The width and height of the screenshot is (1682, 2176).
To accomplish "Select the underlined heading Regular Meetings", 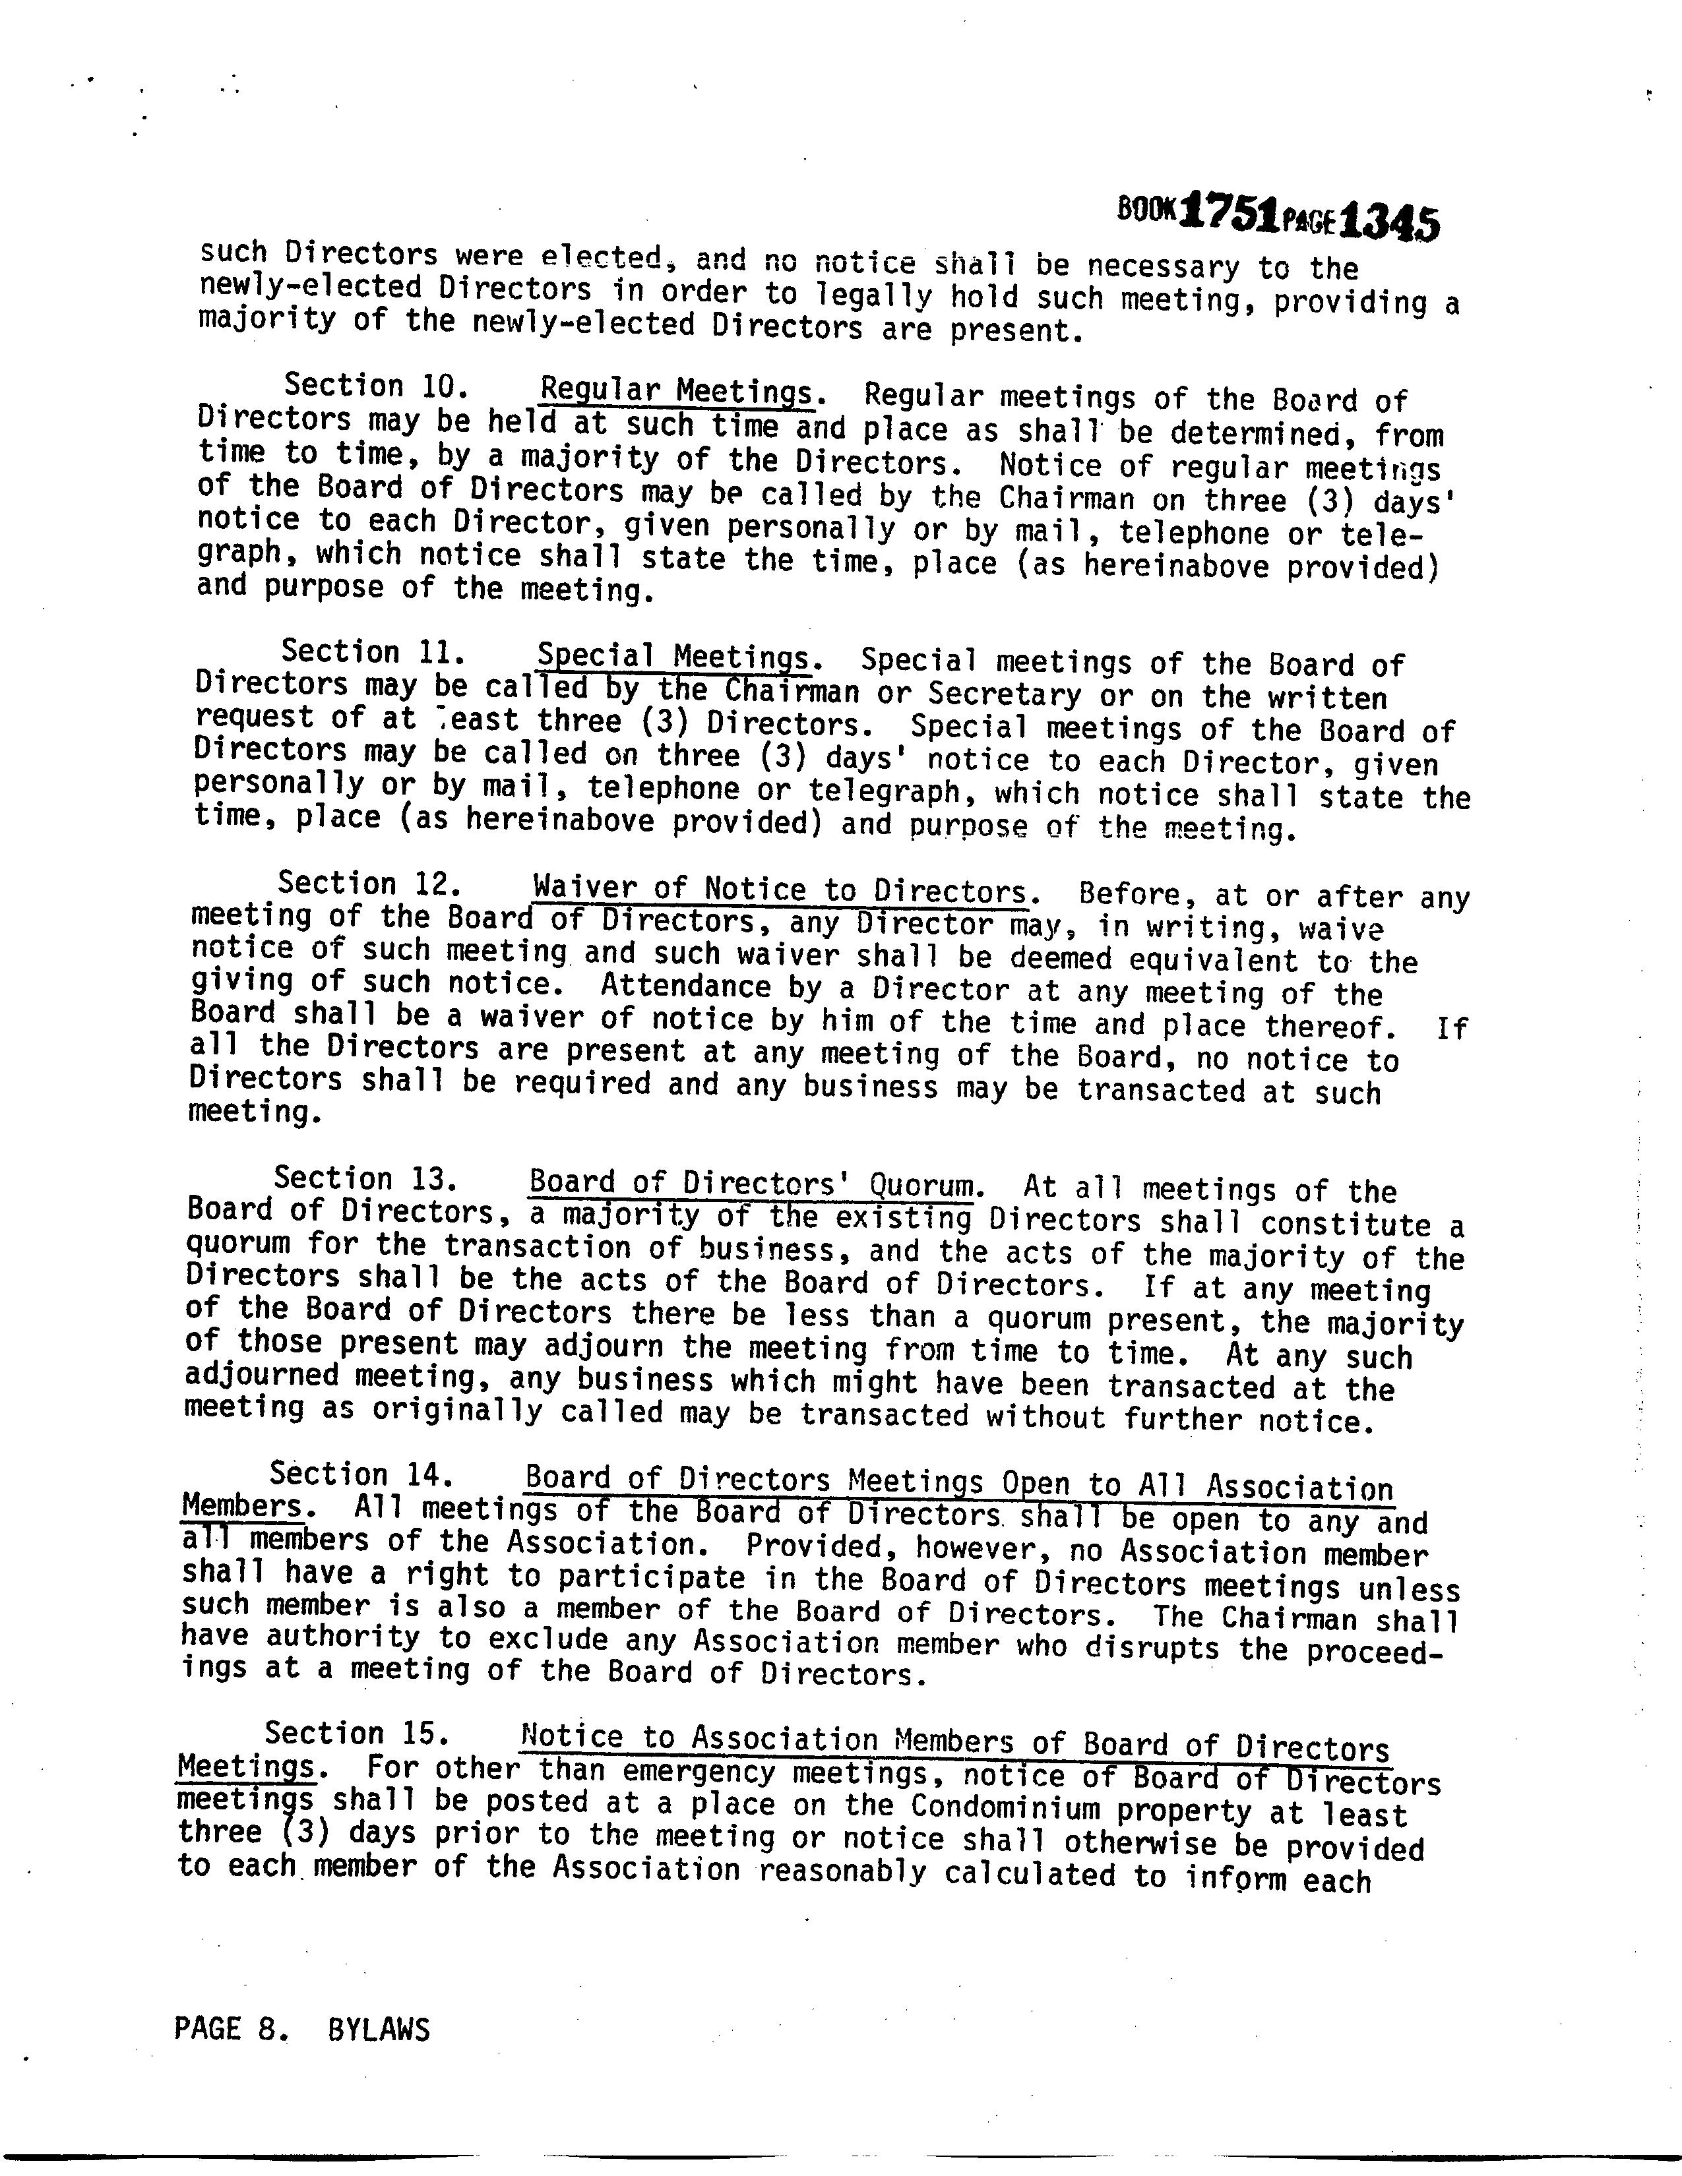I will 677,390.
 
